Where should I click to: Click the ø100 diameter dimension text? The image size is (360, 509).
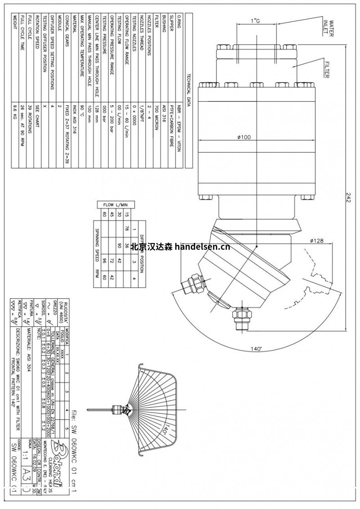click(244, 138)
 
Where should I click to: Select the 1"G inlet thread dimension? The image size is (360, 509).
click(255, 22)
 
